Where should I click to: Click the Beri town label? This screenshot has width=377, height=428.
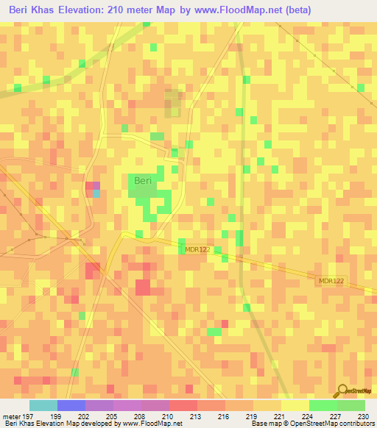(x=142, y=180)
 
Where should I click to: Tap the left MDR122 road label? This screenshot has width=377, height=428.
(x=197, y=250)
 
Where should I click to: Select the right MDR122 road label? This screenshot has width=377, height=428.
(x=332, y=282)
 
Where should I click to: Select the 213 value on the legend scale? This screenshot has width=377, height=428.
(x=197, y=415)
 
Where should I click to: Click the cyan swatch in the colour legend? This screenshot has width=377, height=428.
(x=43, y=405)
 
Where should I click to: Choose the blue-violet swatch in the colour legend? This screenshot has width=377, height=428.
(x=71, y=405)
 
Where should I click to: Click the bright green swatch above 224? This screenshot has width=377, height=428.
(x=323, y=405)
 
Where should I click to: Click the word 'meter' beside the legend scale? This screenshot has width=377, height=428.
(x=10, y=415)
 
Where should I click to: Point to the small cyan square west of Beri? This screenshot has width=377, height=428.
(x=96, y=194)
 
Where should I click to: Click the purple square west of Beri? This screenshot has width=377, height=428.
(x=94, y=185)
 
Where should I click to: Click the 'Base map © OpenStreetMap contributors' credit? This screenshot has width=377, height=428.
(x=311, y=424)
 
